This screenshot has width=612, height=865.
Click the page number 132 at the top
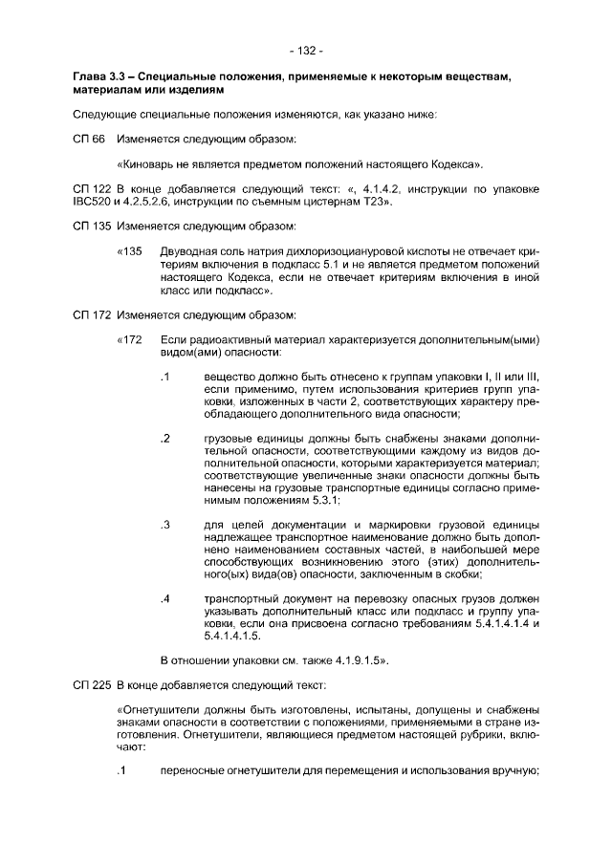(x=306, y=50)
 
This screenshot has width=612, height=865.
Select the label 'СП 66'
(x=88, y=140)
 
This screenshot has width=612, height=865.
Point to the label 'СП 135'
(x=91, y=227)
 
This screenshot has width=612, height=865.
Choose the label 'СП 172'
(x=91, y=314)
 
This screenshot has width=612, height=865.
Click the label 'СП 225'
(x=91, y=685)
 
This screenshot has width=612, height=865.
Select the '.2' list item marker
(x=165, y=439)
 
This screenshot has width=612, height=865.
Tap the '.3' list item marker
(x=165, y=526)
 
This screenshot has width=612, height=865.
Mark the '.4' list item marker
(x=165, y=599)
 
